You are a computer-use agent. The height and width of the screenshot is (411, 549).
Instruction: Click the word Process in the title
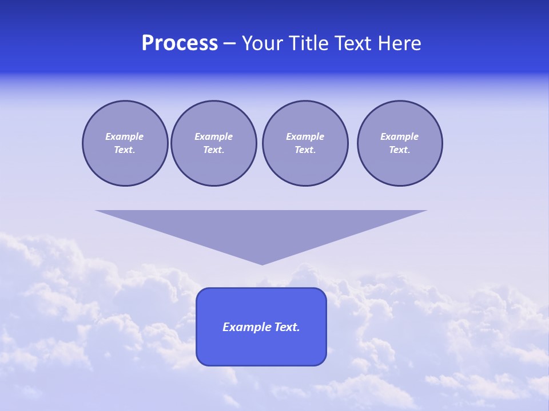(x=180, y=43)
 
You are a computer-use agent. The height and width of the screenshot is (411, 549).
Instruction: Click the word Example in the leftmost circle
(x=125, y=137)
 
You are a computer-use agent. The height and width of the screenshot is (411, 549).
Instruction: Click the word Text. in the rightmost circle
(x=399, y=150)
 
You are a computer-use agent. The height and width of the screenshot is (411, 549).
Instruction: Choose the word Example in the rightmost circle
(x=399, y=137)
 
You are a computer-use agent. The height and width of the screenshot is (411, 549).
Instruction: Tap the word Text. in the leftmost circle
(x=125, y=150)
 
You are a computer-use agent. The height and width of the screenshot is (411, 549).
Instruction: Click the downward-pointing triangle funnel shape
(x=261, y=228)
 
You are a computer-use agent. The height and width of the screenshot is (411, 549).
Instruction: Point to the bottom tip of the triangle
(x=262, y=264)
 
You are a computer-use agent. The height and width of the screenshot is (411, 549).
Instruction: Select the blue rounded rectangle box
(x=261, y=348)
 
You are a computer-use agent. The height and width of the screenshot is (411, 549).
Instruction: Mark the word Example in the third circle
(x=305, y=137)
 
